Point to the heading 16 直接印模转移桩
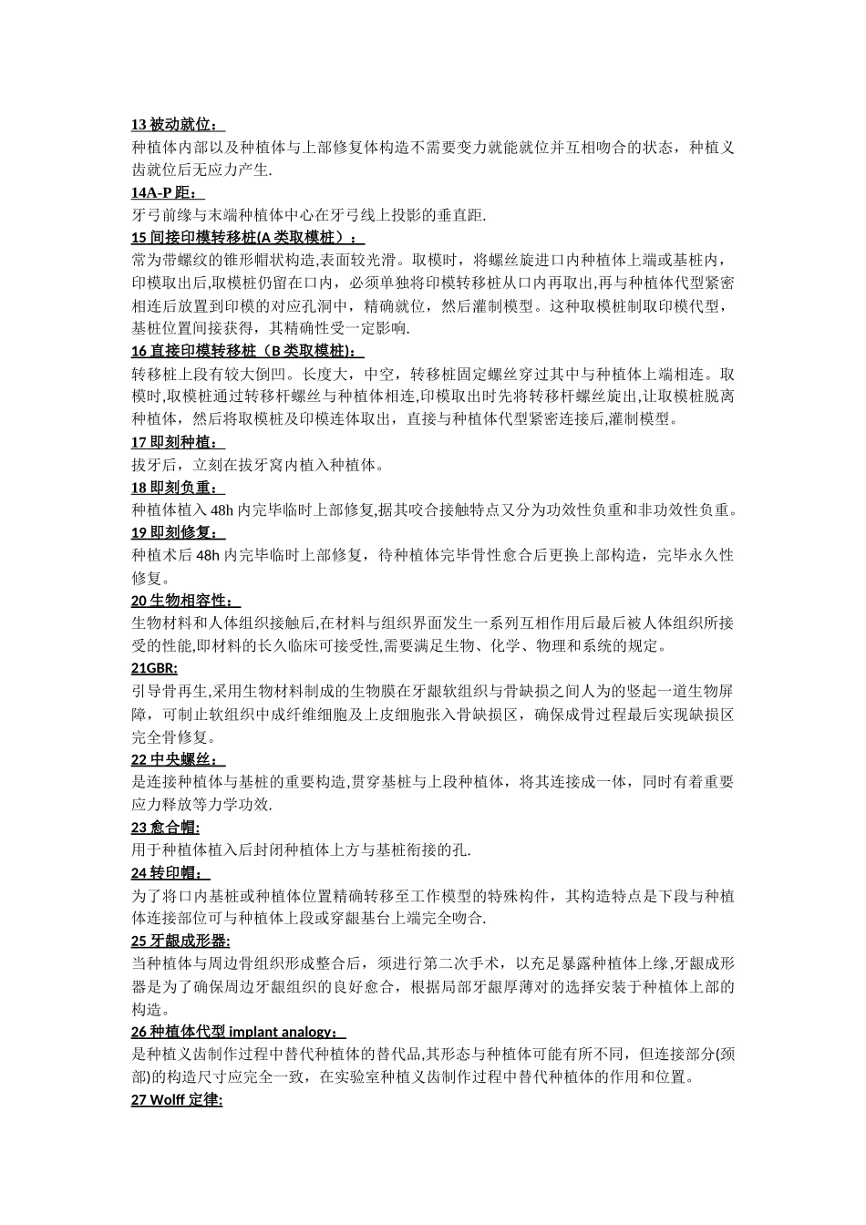pyautogui.click(x=246, y=351)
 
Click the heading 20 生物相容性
pyautogui.click(x=185, y=601)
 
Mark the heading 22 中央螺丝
pyautogui.click(x=177, y=759)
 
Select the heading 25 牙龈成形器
pyautogui.click(x=180, y=940)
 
